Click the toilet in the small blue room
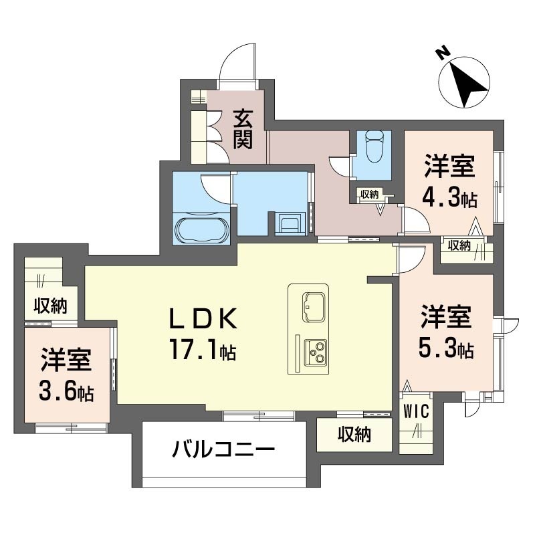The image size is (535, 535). coord(374,146)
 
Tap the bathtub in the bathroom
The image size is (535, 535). coord(201,229)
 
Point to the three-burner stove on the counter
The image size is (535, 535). coord(315,352)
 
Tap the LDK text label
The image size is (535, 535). coord(203,318)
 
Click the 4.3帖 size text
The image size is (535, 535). coord(449,198)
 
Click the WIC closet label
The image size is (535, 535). coord(416,411)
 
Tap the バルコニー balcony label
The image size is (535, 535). coord(223,449)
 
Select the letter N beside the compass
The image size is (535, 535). coord(442,53)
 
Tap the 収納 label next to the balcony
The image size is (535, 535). coord(354,435)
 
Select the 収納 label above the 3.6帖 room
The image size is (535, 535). coord(51,306)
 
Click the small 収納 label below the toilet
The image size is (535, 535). coord(370,195)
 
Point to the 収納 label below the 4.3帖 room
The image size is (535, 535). coord(459,245)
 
